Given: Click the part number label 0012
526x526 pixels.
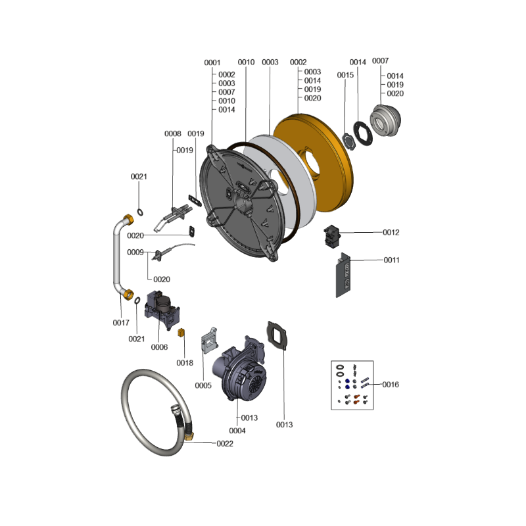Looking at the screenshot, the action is [391, 233].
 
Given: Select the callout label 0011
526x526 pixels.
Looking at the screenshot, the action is [391, 260].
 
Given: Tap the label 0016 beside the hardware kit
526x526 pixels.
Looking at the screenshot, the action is [391, 385].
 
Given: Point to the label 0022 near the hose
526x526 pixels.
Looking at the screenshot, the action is [225, 444].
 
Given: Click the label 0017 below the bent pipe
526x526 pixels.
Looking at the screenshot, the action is [121, 323].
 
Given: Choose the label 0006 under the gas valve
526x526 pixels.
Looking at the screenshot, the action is [159, 347].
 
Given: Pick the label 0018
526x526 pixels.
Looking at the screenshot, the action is [185, 363].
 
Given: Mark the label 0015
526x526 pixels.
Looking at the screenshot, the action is [345, 75].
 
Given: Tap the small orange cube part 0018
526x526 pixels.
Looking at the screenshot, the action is [181, 333].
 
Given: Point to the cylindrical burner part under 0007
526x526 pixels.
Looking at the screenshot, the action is [385, 120].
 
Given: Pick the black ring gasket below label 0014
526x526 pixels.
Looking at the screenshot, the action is [363, 133].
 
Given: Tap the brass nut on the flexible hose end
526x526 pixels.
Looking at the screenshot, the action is [189, 437].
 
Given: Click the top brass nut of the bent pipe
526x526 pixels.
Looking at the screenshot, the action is [128, 220].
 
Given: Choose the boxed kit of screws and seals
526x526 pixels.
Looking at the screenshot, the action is [352, 385].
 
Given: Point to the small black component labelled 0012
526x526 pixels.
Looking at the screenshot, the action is [332, 237].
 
